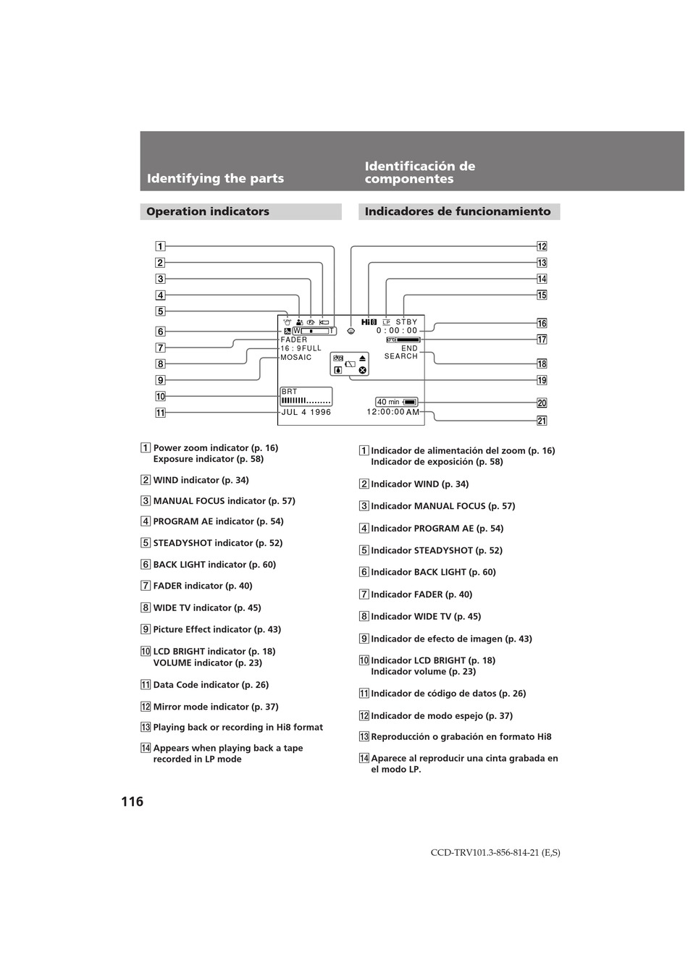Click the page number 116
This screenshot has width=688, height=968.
coord(133,801)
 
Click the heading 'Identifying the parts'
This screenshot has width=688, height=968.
coord(215,178)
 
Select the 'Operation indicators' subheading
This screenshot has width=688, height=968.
coord(208,211)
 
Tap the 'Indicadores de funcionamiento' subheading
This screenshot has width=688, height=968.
coord(458,211)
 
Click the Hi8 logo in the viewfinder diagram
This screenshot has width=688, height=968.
coord(369,321)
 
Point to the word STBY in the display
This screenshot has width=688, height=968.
coord(406,321)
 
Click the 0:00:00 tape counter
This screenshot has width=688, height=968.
coord(397,331)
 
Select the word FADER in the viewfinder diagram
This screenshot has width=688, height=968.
coord(294,340)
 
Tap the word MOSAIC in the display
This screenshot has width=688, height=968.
coord(296,357)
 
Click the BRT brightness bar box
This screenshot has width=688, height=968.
coord(306,397)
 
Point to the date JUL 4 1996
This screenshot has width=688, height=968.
coord(306,412)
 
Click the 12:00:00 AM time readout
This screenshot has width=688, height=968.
coord(393,412)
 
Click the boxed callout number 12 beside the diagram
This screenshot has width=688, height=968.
coord(542,246)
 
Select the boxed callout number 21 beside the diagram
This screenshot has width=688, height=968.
coord(542,421)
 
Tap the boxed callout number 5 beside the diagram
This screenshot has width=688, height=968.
coord(160,311)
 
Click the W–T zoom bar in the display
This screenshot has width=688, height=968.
coord(314,331)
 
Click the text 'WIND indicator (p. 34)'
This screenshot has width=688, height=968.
coord(201,480)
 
